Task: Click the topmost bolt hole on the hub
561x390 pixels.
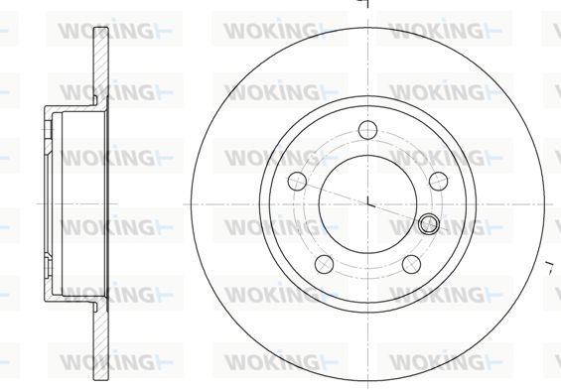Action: coord(367,130)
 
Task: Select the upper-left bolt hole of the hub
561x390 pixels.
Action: coord(297,181)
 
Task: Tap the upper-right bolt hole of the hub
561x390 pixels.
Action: coord(438,181)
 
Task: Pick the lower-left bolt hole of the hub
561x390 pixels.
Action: coord(324,264)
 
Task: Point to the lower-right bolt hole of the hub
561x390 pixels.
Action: coord(411,264)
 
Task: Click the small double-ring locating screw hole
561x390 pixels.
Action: coord(429,224)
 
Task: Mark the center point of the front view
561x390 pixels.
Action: coord(367,204)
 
